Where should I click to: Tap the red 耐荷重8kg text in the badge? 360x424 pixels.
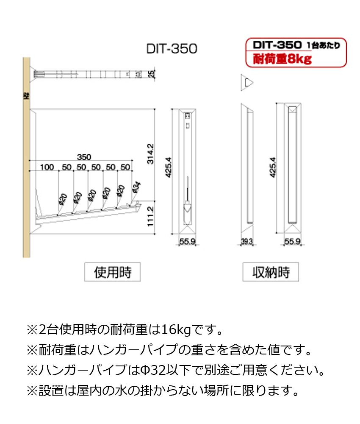pos(282,59)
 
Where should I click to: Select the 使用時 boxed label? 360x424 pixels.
pos(112,272)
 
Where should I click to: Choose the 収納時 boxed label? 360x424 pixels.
pos(271,272)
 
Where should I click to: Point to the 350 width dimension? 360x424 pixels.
pos(83,157)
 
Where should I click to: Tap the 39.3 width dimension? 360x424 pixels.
pos(246,242)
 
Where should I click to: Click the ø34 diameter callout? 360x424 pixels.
pos(136,187)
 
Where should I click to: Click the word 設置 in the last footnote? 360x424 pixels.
pos(52,390)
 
